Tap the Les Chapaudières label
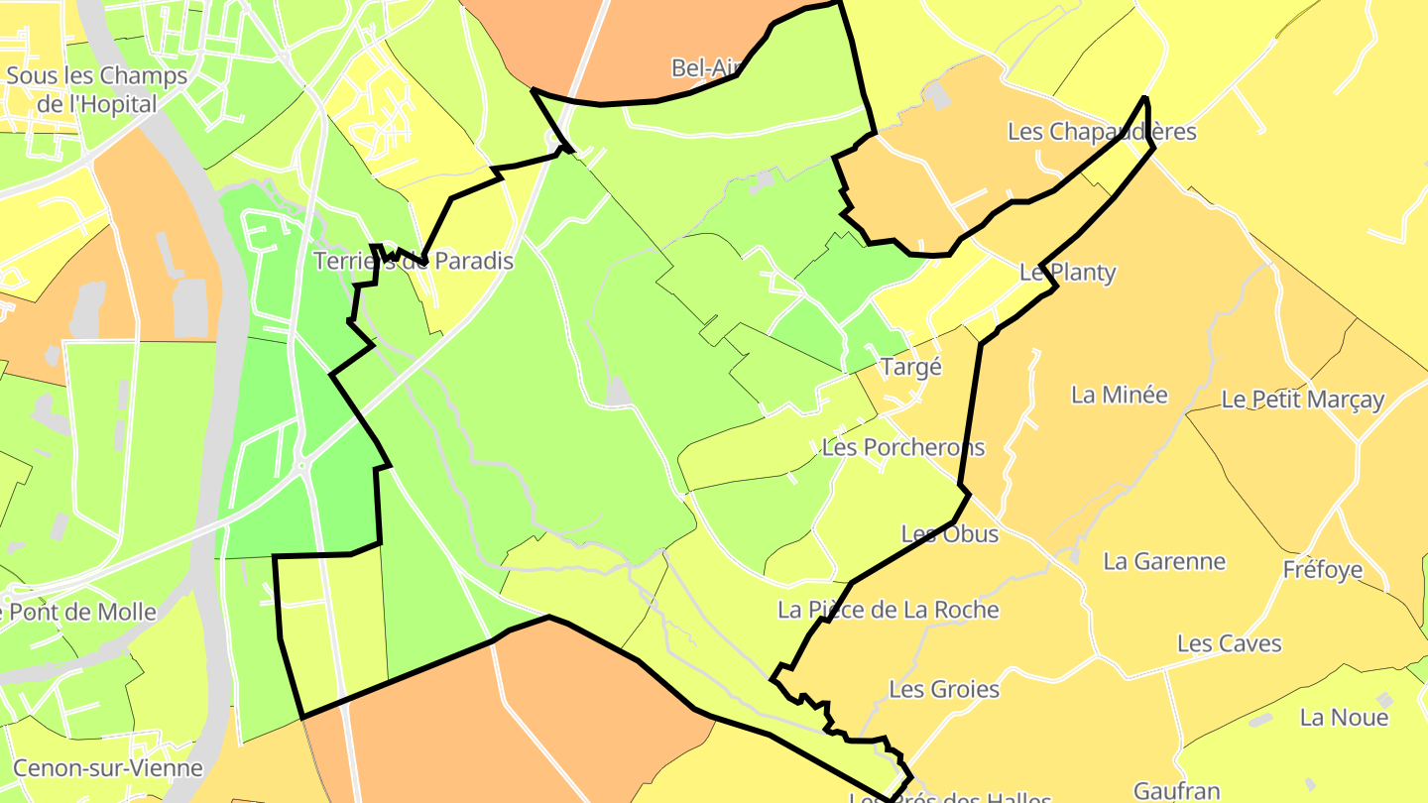(x=1102, y=131)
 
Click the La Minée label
(x=1120, y=395)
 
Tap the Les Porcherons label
(x=903, y=447)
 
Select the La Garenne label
(x=1164, y=561)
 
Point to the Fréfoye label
(x=1322, y=570)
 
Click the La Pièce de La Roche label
(x=888, y=610)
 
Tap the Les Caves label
(x=1229, y=643)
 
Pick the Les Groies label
(x=944, y=688)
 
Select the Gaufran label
(x=1176, y=790)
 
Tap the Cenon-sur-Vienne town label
(x=108, y=767)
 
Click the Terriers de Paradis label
(x=414, y=261)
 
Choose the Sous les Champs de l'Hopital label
(x=96, y=90)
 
